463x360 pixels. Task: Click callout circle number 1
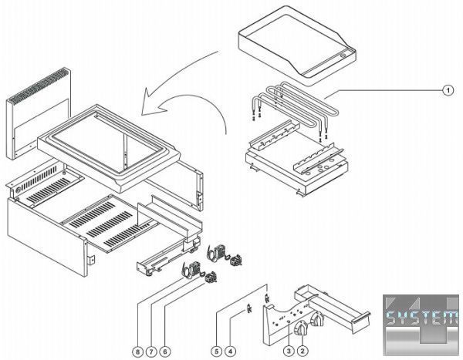click(x=448, y=90)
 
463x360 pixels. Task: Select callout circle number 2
click(x=302, y=351)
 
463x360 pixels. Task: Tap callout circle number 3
click(x=289, y=351)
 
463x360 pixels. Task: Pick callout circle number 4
click(x=230, y=352)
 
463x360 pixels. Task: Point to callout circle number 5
click(x=216, y=352)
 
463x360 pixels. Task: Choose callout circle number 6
click(x=165, y=352)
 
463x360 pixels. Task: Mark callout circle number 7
click(x=151, y=352)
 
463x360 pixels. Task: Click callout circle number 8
click(x=137, y=352)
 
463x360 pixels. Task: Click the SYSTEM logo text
click(x=422, y=318)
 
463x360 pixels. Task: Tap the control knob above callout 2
click(x=301, y=328)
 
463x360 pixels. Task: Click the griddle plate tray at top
click(x=297, y=46)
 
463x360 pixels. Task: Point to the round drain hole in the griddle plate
click(x=344, y=55)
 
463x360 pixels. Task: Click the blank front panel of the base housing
click(x=46, y=237)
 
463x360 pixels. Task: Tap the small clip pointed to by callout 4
click(x=249, y=308)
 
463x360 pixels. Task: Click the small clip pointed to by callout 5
click(x=267, y=298)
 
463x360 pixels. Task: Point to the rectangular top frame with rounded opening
click(x=109, y=147)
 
